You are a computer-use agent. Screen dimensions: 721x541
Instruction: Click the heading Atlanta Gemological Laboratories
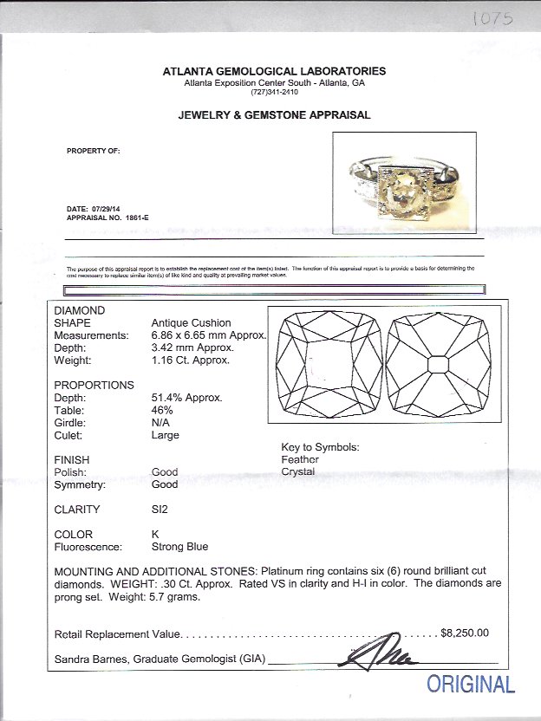tap(274, 71)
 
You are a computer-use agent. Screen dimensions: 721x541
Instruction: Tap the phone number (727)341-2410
tap(274, 92)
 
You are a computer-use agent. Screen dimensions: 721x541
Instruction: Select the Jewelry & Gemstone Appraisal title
tap(274, 114)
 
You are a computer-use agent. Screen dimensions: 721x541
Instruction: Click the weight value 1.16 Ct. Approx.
tap(191, 360)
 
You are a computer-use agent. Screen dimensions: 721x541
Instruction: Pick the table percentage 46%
tap(162, 410)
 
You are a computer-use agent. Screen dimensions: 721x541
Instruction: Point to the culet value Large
tap(166, 435)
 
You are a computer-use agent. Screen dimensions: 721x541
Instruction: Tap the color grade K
tap(155, 535)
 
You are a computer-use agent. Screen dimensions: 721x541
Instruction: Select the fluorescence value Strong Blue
tap(179, 547)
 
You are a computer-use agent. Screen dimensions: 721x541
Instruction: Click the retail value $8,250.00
tap(465, 633)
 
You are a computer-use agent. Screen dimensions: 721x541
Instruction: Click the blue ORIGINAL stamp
tap(470, 684)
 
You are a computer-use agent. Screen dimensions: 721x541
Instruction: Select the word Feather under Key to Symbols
tap(300, 459)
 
